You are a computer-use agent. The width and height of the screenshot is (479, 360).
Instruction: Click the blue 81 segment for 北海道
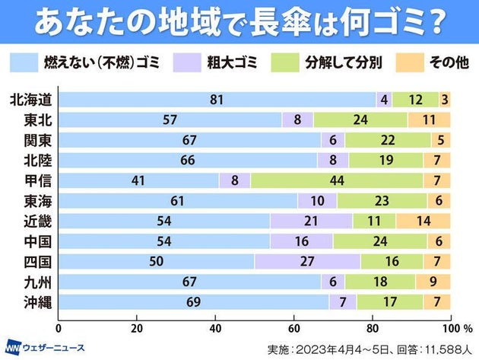(x=217, y=100)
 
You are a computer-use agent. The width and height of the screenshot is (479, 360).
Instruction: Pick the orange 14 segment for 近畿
(x=423, y=221)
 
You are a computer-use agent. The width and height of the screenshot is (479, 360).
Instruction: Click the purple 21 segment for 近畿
(x=311, y=221)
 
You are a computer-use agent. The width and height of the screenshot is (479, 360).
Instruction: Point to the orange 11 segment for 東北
(x=429, y=119)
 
